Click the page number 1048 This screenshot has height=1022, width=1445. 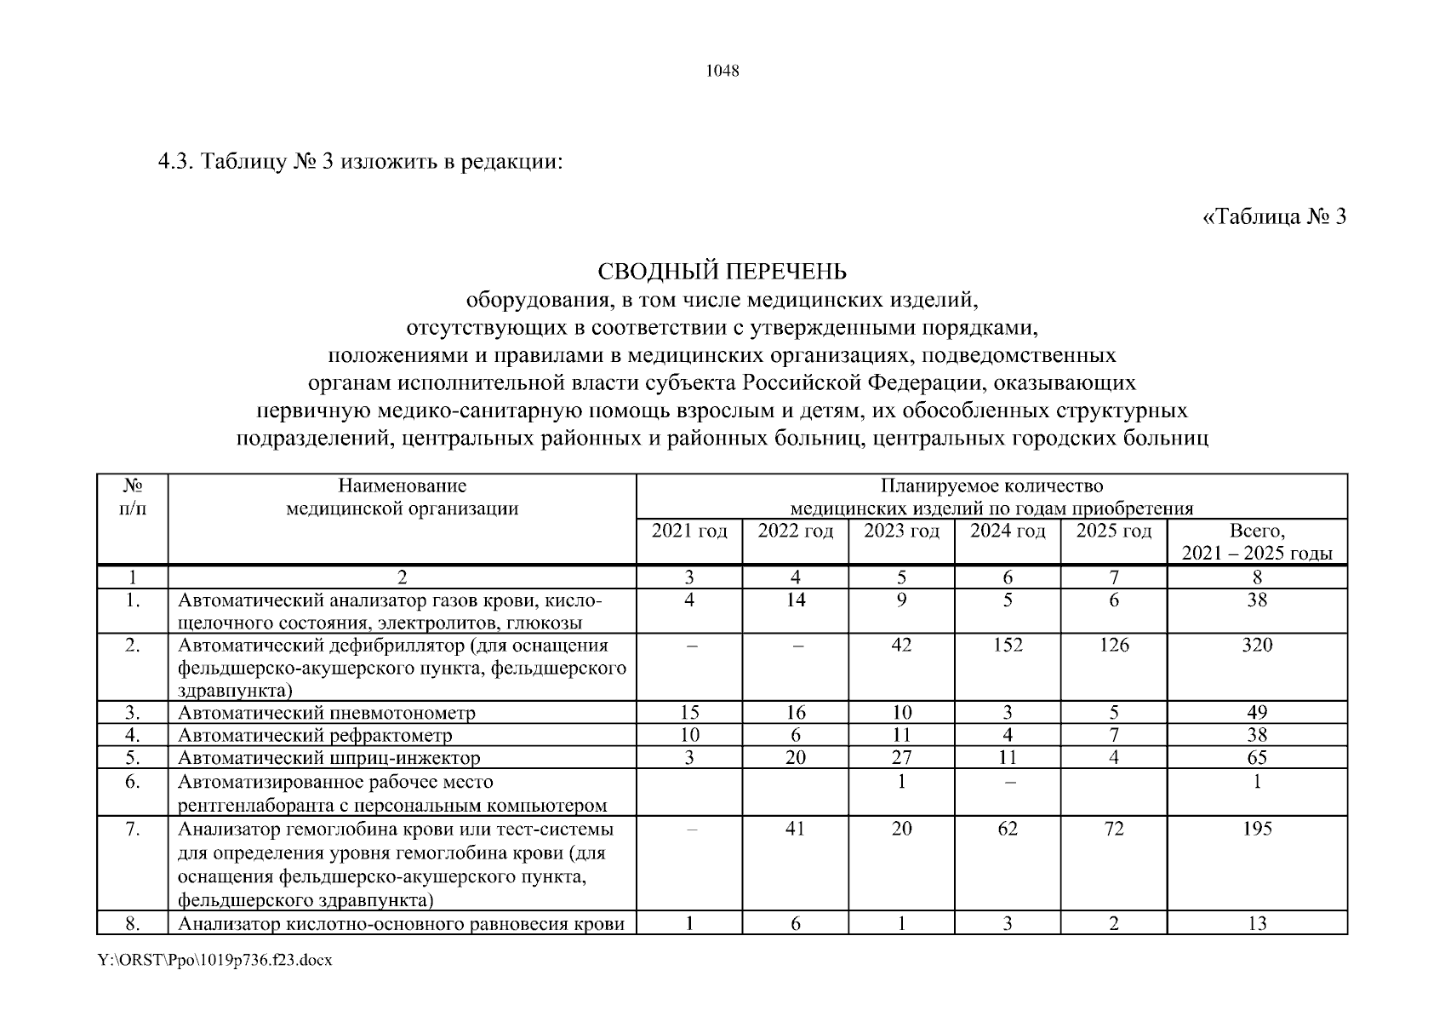(x=722, y=71)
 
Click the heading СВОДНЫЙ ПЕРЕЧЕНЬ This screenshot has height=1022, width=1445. (x=722, y=272)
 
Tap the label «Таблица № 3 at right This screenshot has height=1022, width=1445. (x=1274, y=217)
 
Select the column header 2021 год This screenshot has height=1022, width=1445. (x=689, y=531)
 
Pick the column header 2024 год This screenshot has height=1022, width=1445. (x=1008, y=531)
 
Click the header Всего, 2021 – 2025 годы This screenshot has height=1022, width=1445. (x=1257, y=543)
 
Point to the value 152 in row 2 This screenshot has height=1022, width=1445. (x=1008, y=646)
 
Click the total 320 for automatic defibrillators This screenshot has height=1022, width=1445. (x=1257, y=646)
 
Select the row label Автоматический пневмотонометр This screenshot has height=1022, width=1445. (x=327, y=713)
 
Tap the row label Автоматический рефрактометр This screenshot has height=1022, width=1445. (x=315, y=735)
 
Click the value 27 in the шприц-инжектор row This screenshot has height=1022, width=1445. (x=901, y=758)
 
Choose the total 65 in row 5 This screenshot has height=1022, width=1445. (x=1257, y=758)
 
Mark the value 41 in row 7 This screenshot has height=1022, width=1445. (x=795, y=829)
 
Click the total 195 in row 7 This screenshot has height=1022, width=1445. (x=1257, y=829)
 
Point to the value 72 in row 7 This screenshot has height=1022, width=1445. (x=1113, y=829)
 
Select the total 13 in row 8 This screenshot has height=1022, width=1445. (x=1257, y=924)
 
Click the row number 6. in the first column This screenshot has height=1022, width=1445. (x=132, y=782)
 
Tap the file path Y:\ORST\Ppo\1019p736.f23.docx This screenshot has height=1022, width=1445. (x=215, y=961)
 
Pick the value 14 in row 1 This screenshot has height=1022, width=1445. (x=795, y=600)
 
